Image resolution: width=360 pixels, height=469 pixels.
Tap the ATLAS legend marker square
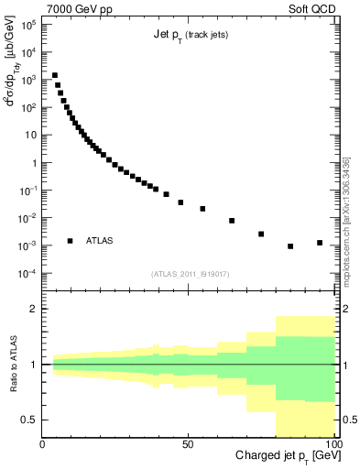(70, 241)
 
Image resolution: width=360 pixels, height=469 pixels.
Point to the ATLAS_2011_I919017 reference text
(190, 275)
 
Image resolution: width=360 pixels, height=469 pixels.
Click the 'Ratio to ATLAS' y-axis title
(12, 364)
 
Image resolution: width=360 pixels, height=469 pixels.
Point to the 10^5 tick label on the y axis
(27, 24)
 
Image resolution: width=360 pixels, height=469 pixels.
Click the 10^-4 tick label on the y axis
(27, 274)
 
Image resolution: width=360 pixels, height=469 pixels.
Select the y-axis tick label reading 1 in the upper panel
(33, 163)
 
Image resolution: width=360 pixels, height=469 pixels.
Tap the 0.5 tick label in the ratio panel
(29, 420)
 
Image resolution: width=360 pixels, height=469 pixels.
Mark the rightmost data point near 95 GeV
(320, 243)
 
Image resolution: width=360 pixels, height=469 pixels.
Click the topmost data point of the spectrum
(55, 75)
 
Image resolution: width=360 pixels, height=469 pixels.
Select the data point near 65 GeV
(232, 221)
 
